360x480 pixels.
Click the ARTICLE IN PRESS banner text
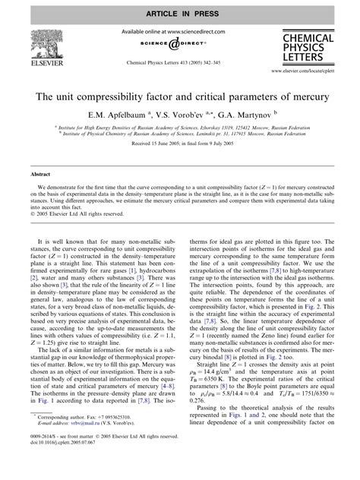pyautogui.click(x=180, y=9)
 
